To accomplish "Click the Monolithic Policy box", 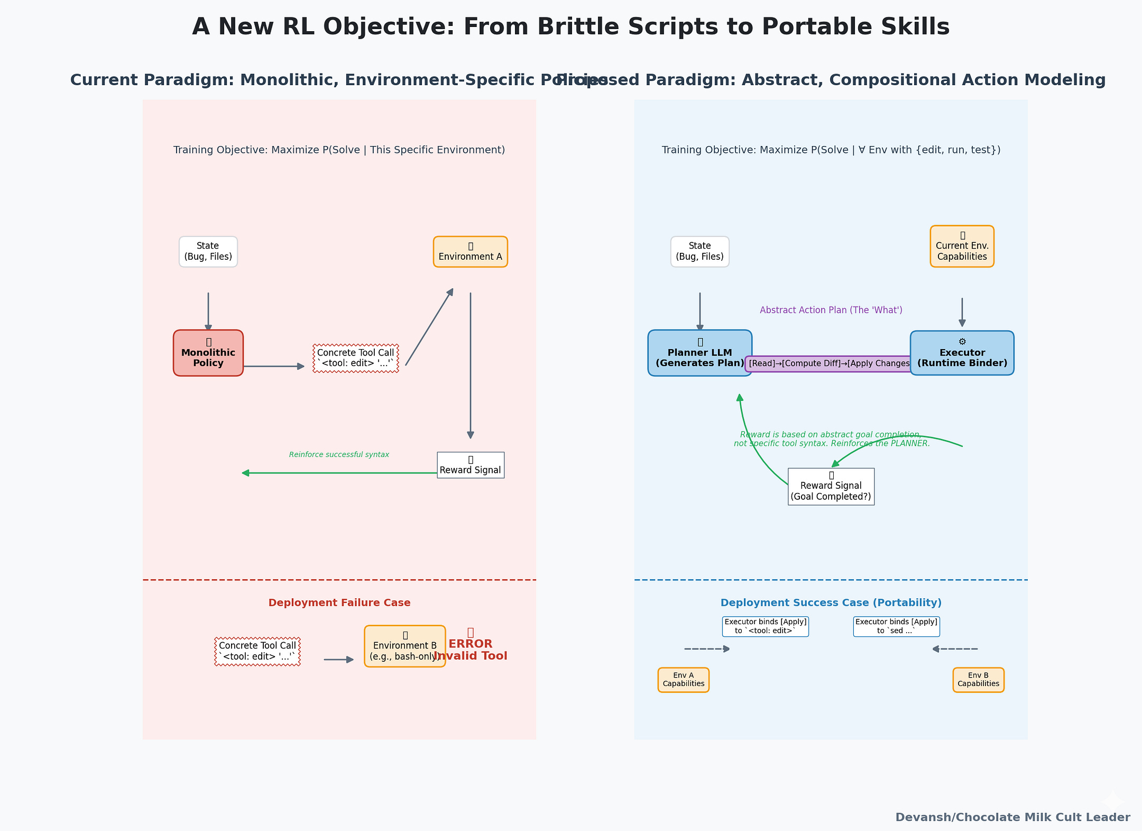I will tap(208, 353).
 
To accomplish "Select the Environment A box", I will tap(470, 252).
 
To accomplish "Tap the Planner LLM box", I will tap(699, 353).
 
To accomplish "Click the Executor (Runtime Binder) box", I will tap(962, 353).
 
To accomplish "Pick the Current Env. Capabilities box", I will tap(962, 246).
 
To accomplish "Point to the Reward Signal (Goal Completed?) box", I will tap(831, 487).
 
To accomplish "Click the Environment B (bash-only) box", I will tap(404, 646).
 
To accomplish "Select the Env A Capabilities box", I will tap(683, 680).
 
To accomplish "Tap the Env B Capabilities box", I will tap(978, 680).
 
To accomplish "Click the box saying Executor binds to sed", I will tap(896, 626).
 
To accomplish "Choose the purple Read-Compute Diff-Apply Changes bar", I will tap(828, 364).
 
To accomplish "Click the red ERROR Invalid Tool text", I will tap(471, 650).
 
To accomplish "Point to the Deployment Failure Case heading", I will tap(339, 602).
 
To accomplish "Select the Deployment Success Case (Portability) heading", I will tap(831, 602).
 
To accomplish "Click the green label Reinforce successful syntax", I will tap(339, 454).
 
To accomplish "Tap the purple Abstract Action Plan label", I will tap(831, 310).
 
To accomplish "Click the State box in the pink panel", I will tap(208, 252).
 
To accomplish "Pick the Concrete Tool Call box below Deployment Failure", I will tap(257, 652).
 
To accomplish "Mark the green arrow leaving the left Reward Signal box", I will tap(338, 473).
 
